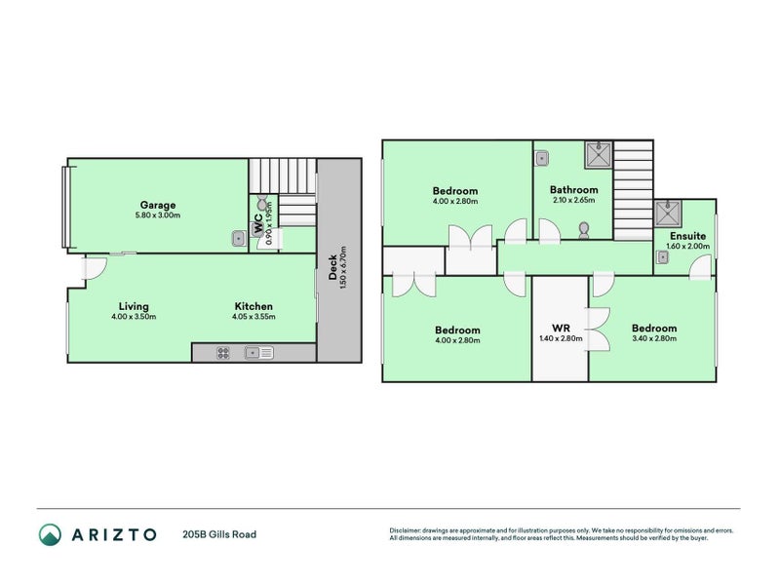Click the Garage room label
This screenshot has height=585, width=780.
158,205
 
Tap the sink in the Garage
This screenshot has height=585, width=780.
238,237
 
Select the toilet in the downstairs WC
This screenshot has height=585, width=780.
262,207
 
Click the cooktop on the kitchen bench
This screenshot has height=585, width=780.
222,353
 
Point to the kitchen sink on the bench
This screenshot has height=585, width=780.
259,353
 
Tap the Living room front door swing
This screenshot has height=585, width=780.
95,267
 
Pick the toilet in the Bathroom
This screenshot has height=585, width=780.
584,231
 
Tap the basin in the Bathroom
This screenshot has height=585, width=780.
542,157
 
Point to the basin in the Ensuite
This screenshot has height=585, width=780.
662,258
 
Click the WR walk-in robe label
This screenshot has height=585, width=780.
560,328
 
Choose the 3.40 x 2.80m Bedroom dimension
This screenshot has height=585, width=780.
653,338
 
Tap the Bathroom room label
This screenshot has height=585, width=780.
573,190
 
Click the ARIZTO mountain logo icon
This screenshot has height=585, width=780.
50,533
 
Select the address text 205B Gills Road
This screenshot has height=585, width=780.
219,534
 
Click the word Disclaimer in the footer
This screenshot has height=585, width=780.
406,530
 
